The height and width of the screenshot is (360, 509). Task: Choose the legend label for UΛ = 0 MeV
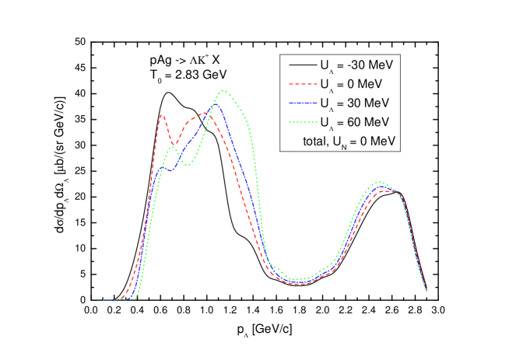pyautogui.click(x=349, y=83)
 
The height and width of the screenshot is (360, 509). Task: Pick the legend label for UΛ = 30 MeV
pyautogui.click(x=352, y=103)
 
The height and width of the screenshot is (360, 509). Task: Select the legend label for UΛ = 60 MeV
pyautogui.click(x=352, y=122)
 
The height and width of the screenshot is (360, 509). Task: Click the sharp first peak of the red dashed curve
pyautogui.click(x=162, y=115)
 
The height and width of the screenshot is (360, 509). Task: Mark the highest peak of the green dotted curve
pyautogui.click(x=224, y=91)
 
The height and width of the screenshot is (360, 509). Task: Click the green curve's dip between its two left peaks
pyautogui.click(x=188, y=164)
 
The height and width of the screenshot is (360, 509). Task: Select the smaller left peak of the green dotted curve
pyautogui.click(x=173, y=148)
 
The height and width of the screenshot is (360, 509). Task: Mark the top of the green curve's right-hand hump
pyautogui.click(x=379, y=182)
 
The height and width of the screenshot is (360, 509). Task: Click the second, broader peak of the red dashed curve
pyautogui.click(x=205, y=114)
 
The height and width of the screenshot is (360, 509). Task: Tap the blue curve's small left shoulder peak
pyautogui.click(x=163, y=167)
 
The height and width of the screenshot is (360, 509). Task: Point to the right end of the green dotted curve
pyautogui.click(x=427, y=291)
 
